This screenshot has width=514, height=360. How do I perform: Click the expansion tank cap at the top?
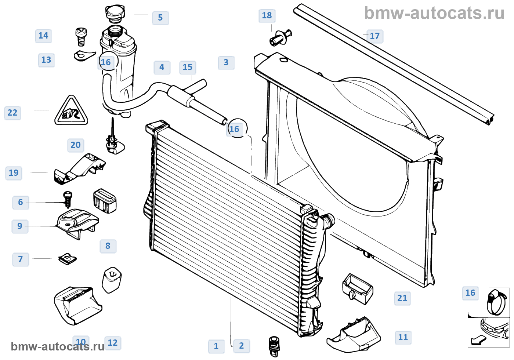(115, 14)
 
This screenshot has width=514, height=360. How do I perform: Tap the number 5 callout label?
(160, 18)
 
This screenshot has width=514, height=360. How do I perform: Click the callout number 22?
(12, 113)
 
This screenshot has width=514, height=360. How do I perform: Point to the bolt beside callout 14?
(80, 36)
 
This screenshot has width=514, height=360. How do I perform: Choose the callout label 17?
(374, 36)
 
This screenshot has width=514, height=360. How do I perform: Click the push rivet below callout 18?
(280, 37)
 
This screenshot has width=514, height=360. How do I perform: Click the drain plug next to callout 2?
(274, 346)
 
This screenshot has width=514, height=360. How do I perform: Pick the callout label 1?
(216, 346)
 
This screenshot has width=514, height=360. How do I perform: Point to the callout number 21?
(402, 298)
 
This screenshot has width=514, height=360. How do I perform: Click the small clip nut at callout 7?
(68, 259)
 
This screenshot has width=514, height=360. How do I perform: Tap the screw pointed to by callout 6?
(68, 199)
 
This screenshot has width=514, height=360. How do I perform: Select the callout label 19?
(14, 173)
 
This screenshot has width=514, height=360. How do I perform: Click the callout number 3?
(226, 62)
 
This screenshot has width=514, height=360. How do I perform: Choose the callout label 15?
(188, 67)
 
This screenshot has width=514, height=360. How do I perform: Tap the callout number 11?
(403, 337)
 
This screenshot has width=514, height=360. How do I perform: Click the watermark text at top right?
(434, 13)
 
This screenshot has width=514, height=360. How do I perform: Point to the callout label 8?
(108, 246)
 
